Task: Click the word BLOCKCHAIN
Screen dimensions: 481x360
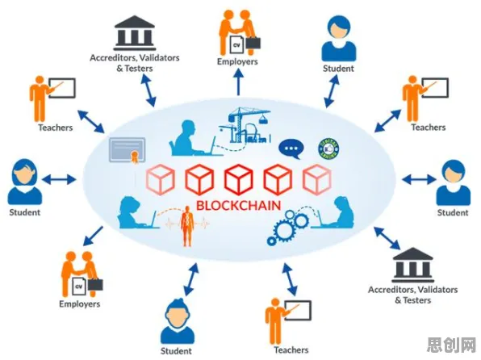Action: [238, 206]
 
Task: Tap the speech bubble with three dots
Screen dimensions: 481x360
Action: [291, 149]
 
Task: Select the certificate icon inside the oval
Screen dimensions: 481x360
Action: [128, 150]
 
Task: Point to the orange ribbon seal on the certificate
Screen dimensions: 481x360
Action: [135, 157]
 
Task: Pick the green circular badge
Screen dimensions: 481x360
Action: [328, 149]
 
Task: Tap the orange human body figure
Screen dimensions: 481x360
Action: [186, 226]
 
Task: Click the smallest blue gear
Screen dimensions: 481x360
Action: [271, 241]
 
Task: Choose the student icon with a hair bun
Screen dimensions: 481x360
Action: [178, 321]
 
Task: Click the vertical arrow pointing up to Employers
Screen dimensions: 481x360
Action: [238, 82]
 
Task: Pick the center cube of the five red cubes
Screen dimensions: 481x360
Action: [238, 179]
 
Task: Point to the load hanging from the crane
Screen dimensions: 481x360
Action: [263, 119]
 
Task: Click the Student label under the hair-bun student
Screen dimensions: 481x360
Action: [176, 351]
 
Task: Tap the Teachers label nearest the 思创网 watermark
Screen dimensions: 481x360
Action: [291, 350]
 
